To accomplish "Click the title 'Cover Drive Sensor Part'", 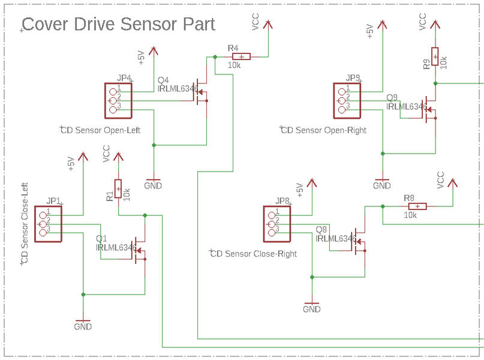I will click(x=118, y=25).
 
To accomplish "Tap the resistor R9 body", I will click(x=434, y=56).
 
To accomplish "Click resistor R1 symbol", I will click(x=118, y=189).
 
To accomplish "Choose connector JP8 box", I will click(x=276, y=223).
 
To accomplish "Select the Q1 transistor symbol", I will click(x=140, y=251).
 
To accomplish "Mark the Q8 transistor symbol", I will click(x=360, y=243).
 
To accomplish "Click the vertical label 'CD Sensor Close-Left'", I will click(x=25, y=223).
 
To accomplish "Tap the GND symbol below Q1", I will click(x=83, y=324).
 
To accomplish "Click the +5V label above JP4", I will click(x=142, y=58).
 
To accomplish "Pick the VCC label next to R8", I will click(x=441, y=180).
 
